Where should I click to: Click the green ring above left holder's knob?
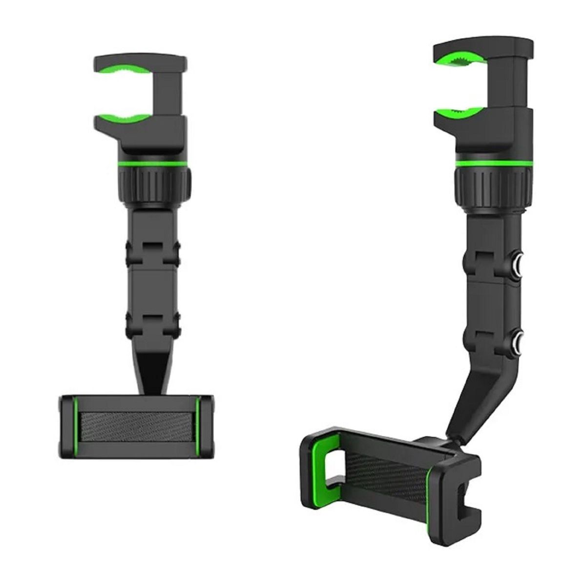(x=153, y=162)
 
